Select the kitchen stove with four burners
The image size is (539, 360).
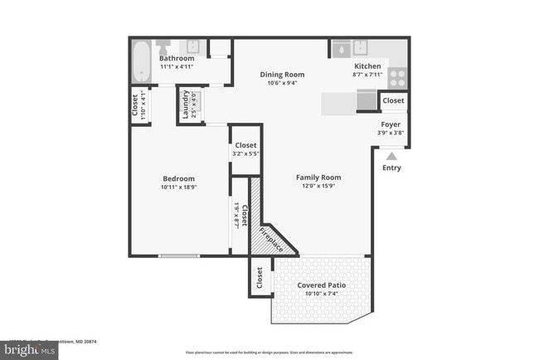pyautogui.click(x=397, y=77)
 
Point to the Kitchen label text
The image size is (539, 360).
pyautogui.click(x=367, y=66)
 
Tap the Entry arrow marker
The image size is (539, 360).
pyautogui.click(x=391, y=154)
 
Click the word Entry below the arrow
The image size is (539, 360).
pyautogui.click(x=391, y=168)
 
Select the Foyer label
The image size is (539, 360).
pyautogui.click(x=390, y=124)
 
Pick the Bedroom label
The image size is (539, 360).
pyautogui.click(x=178, y=178)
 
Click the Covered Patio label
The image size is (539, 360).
pyautogui.click(x=322, y=285)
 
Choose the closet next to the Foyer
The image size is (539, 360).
pyautogui.click(x=393, y=100)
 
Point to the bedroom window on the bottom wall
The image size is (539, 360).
pyautogui.click(x=179, y=255)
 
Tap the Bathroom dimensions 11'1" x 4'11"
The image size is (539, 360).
pyautogui.click(x=176, y=66)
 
